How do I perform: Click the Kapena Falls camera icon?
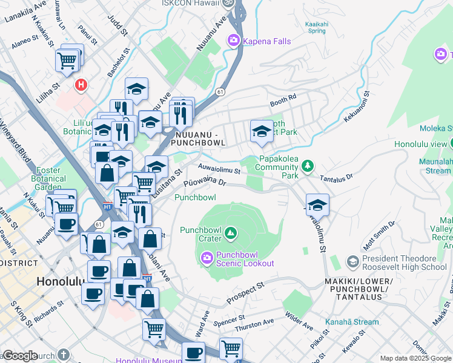click(233, 41)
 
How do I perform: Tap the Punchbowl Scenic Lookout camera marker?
click(207, 259)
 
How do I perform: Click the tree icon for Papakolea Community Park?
click(308, 165)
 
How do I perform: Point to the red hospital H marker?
click(80, 86)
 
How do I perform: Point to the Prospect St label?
click(246, 293)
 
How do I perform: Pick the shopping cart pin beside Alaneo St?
click(68, 60)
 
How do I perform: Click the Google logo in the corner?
click(20, 356)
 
